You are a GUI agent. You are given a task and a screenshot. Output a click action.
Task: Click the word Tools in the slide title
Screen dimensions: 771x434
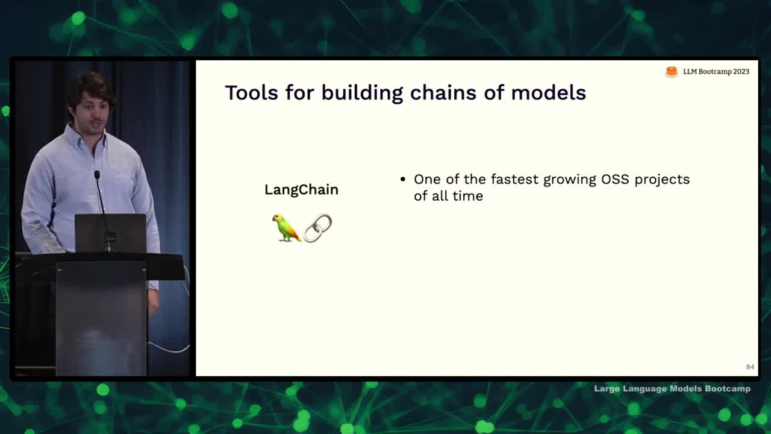point(252,93)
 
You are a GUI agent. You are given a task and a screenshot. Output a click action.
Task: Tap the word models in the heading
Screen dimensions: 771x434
point(548,93)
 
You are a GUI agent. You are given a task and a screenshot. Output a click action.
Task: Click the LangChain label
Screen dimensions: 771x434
point(302,190)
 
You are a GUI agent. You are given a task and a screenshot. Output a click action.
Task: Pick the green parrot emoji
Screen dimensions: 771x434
point(286,228)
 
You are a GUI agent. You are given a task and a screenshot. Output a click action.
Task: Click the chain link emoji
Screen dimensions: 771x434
point(317,228)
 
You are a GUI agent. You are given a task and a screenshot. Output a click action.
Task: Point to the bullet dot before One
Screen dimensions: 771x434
point(403,179)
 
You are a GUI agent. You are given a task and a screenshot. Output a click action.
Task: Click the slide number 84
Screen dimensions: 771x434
point(750,367)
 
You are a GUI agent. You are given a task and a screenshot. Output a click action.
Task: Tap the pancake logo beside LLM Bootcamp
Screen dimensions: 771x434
point(672,72)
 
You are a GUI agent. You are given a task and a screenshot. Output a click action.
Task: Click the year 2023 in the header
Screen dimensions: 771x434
point(741,72)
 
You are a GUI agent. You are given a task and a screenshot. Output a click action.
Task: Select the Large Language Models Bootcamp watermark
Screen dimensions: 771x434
point(672,389)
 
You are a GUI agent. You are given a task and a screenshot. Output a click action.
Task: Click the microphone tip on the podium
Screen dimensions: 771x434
point(97,175)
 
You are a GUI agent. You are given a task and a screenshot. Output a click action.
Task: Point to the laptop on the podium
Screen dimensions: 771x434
point(110,233)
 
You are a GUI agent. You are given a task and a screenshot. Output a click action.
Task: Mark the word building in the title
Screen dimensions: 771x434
point(362,93)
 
